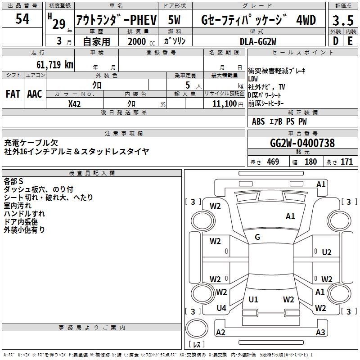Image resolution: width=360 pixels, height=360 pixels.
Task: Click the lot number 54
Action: tap(22, 19)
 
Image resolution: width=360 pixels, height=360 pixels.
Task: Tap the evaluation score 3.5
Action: tap(342, 21)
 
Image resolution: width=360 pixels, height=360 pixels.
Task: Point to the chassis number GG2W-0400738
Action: tap(302, 143)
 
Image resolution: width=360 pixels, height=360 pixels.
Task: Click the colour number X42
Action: tap(75, 103)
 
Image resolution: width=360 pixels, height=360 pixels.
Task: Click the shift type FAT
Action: tap(13, 94)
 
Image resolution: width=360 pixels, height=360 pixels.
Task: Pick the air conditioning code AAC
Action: tap(35, 94)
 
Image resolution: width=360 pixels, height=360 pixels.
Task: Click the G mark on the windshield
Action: tap(257, 237)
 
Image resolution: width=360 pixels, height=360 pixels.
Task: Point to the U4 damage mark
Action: tap(221, 308)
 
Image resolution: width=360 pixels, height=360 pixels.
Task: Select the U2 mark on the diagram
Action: tap(327, 252)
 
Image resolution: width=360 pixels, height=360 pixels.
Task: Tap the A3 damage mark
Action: tap(320, 333)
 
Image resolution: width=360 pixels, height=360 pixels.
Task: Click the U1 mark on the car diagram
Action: tap(253, 299)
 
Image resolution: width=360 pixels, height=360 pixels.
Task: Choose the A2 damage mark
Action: tap(220, 333)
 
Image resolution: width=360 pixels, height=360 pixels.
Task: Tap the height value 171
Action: tap(346, 162)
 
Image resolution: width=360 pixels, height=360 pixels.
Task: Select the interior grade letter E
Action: tap(350, 40)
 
